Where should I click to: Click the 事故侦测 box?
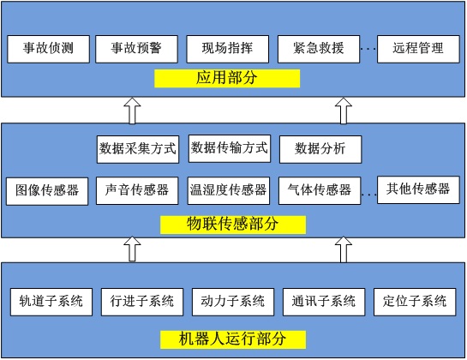click(x=47, y=48)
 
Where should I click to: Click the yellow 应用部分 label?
click(x=227, y=79)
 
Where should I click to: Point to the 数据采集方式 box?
click(x=138, y=148)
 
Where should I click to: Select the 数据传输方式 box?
click(x=229, y=147)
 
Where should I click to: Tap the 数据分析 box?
click(x=320, y=148)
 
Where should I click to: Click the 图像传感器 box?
click(x=47, y=190)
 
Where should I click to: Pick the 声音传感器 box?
click(x=138, y=190)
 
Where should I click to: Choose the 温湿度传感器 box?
click(x=229, y=190)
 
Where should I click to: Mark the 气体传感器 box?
click(x=320, y=190)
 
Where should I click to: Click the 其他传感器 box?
click(x=417, y=189)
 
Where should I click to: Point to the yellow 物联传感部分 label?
click(x=233, y=225)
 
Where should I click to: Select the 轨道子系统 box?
click(x=51, y=302)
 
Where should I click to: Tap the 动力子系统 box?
click(x=233, y=302)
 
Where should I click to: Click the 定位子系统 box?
click(x=415, y=302)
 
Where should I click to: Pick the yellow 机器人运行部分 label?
click(x=233, y=338)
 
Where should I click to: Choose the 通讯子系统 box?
click(x=324, y=302)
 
